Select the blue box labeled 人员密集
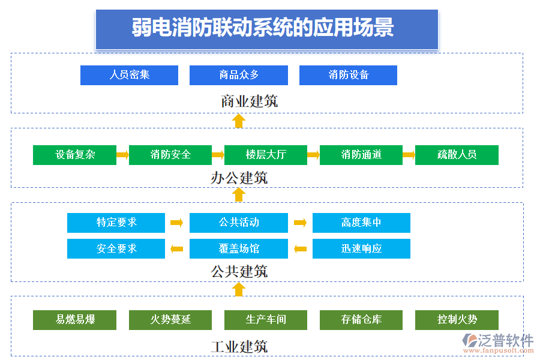coord(129,75)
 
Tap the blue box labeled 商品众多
coord(238,75)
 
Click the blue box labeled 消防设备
coord(348,75)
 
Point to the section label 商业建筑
coord(249,101)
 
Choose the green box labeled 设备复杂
coord(74,155)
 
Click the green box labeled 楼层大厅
coord(265,155)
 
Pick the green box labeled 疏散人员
coord(457,155)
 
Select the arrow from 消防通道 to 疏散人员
coord(409,155)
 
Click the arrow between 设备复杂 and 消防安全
coord(122,155)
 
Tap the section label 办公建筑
coord(239,178)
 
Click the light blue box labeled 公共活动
coord(238,223)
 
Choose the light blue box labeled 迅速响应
coord(361,248)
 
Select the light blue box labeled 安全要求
coord(116,248)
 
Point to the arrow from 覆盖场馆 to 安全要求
coord(177,248)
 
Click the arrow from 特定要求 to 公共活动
coord(177,223)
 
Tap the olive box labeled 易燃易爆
coord(74,320)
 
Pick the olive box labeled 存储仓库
coord(361,320)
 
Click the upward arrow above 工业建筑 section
coord(239,290)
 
